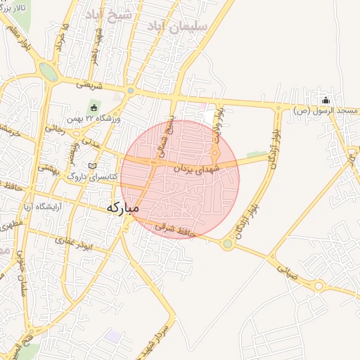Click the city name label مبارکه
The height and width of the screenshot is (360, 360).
click(x=123, y=208)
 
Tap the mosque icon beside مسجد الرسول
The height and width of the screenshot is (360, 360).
click(x=325, y=99)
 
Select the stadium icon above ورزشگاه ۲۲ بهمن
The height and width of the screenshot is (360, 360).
click(x=94, y=107)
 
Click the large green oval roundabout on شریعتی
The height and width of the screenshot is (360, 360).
click(x=49, y=72)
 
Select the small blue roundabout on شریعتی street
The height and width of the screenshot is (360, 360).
click(x=130, y=91)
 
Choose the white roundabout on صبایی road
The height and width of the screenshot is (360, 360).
click(x=318, y=285)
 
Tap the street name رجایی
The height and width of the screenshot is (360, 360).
click(x=54, y=129)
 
